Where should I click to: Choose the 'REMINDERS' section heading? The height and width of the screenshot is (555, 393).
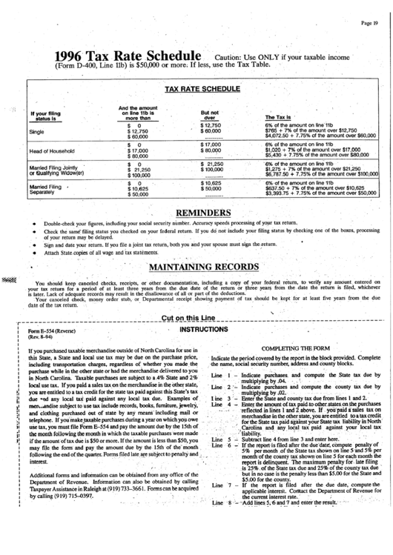pos(201,213)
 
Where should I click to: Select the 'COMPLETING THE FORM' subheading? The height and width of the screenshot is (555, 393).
pos(291,348)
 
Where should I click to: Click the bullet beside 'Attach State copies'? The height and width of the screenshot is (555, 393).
pos(35,253)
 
